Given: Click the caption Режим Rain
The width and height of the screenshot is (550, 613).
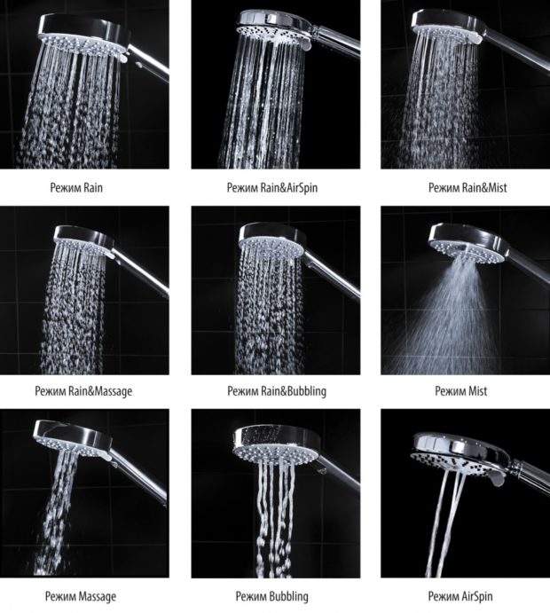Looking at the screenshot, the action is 76,188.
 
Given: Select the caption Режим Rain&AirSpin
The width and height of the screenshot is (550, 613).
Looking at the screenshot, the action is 272,188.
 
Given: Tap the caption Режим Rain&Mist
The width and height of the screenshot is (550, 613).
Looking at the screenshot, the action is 467,188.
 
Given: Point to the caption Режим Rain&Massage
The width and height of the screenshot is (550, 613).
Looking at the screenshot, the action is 83,391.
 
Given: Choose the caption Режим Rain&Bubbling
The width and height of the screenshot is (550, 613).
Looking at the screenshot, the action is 277,391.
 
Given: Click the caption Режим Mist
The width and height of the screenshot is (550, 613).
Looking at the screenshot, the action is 461,391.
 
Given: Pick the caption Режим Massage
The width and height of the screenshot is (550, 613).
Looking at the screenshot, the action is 81,596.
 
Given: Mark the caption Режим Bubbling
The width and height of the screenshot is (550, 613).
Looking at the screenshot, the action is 271,596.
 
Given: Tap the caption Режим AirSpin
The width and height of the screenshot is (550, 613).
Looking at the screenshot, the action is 460,596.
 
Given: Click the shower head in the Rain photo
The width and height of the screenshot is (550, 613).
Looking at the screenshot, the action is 84,37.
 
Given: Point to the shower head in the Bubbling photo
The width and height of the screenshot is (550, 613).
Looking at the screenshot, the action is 276,445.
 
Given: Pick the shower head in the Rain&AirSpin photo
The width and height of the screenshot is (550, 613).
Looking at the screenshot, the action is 273,29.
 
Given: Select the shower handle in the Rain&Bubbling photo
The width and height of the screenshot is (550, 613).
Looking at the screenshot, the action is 333,273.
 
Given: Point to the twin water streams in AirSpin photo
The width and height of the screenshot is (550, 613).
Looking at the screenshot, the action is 445,524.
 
